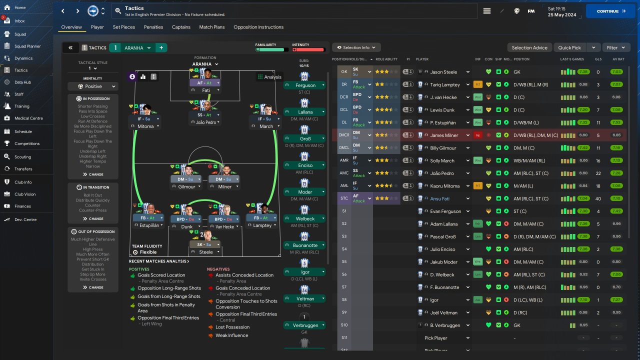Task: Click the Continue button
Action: point(610,11)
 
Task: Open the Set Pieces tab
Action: point(124,27)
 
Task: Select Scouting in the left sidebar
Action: point(22,156)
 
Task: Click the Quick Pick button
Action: point(569,47)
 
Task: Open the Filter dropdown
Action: point(615,47)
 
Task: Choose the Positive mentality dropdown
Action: point(93,86)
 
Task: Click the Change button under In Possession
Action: point(93,174)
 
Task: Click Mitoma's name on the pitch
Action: point(145,126)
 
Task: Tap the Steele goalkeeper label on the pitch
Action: point(206,252)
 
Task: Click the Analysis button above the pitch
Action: point(269,77)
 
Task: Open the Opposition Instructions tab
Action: point(258,27)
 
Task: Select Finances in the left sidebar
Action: point(22,206)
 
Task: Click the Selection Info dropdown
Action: point(356,47)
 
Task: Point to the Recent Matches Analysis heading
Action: point(159,261)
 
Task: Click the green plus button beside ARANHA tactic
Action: point(161,48)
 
